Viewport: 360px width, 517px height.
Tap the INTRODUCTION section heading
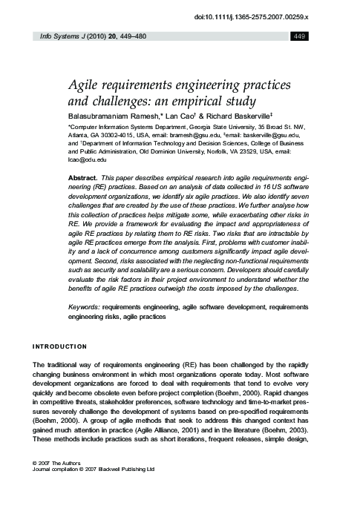[59, 346]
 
